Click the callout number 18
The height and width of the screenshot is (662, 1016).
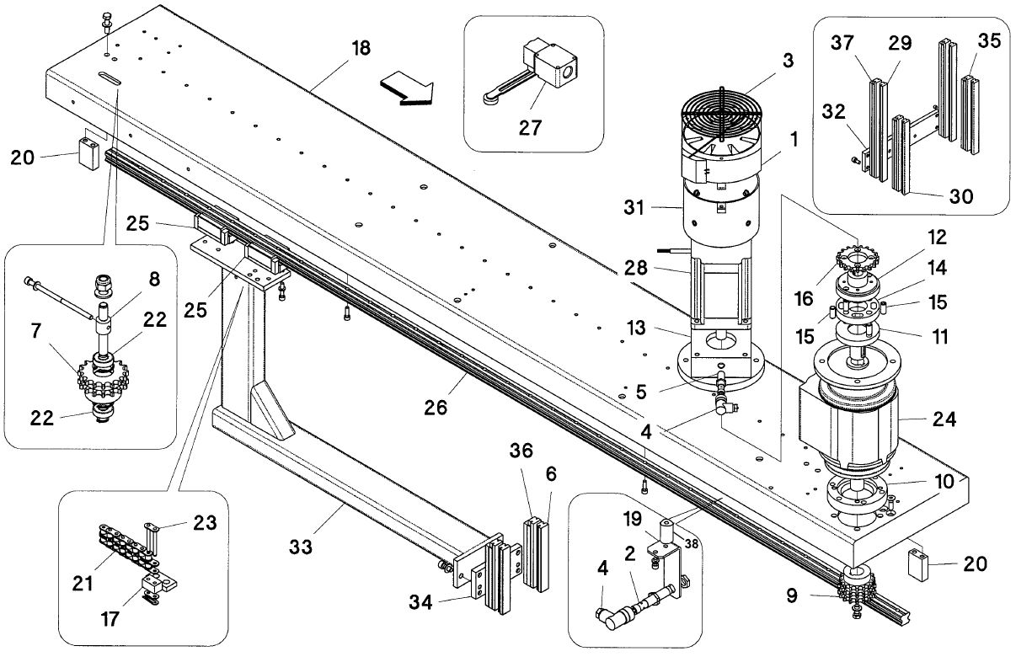coord(360,48)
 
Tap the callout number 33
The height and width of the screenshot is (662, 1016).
coord(301,547)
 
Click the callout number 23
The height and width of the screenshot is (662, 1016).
coord(203,521)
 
